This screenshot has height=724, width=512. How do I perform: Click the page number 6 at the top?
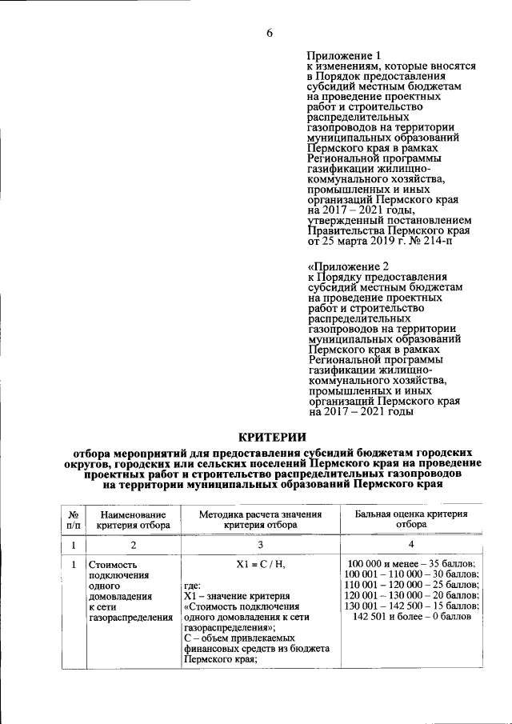click(270, 33)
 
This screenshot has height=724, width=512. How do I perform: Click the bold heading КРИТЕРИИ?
click(273, 436)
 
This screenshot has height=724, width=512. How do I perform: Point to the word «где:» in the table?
click(193, 586)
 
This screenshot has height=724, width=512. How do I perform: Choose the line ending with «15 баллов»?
click(410, 607)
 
